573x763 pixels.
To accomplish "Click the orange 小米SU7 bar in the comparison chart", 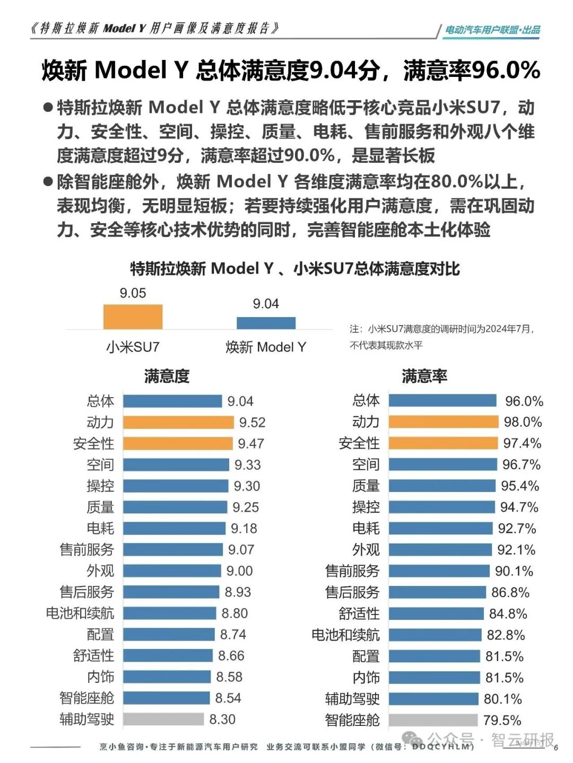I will (x=133, y=317).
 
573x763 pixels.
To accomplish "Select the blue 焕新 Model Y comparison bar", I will (x=266, y=323).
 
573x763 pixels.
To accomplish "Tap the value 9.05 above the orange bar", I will (x=133, y=293).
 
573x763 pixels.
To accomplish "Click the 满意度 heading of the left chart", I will (x=167, y=376).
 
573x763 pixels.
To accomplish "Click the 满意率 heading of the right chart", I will (x=424, y=376).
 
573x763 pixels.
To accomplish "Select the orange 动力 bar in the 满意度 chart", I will (x=178, y=422).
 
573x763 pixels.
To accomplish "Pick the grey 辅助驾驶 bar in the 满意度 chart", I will (x=163, y=719).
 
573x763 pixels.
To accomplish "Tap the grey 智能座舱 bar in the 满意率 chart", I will (x=433, y=720).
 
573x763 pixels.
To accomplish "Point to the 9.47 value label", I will (x=250, y=443).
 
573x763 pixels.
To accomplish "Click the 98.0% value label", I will (x=523, y=422).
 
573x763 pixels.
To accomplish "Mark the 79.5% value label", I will (x=502, y=721).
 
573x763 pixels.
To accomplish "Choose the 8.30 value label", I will (x=222, y=720).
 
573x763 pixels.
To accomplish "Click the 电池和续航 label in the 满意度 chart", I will (x=80, y=613).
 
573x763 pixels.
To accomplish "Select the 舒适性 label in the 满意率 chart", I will (x=359, y=613).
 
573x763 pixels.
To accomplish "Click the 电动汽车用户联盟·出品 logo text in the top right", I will (x=492, y=30).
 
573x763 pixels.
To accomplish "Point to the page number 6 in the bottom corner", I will (x=556, y=748).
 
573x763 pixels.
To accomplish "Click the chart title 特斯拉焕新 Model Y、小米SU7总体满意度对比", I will (x=295, y=269).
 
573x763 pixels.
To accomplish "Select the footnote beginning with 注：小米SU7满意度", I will (x=441, y=337).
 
